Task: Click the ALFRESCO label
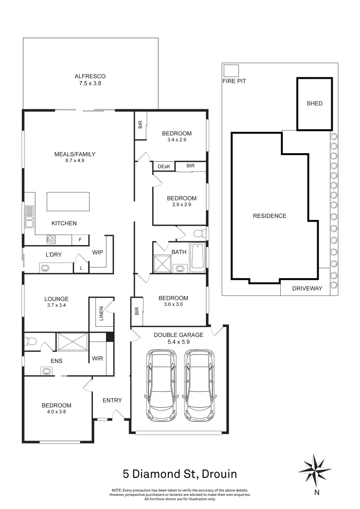[90, 76]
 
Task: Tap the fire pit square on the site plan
[231, 71]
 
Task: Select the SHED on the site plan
[314, 104]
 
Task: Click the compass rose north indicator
[316, 469]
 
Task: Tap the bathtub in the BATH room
[197, 257]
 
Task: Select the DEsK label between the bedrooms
[164, 166]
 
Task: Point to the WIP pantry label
[97, 252]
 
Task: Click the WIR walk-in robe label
[98, 359]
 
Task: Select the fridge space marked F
[80, 240]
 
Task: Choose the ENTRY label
[112, 401]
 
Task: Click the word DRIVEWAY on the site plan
[307, 288]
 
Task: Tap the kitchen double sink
[29, 217]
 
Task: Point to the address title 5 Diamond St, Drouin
[180, 473]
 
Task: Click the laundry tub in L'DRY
[46, 268]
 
